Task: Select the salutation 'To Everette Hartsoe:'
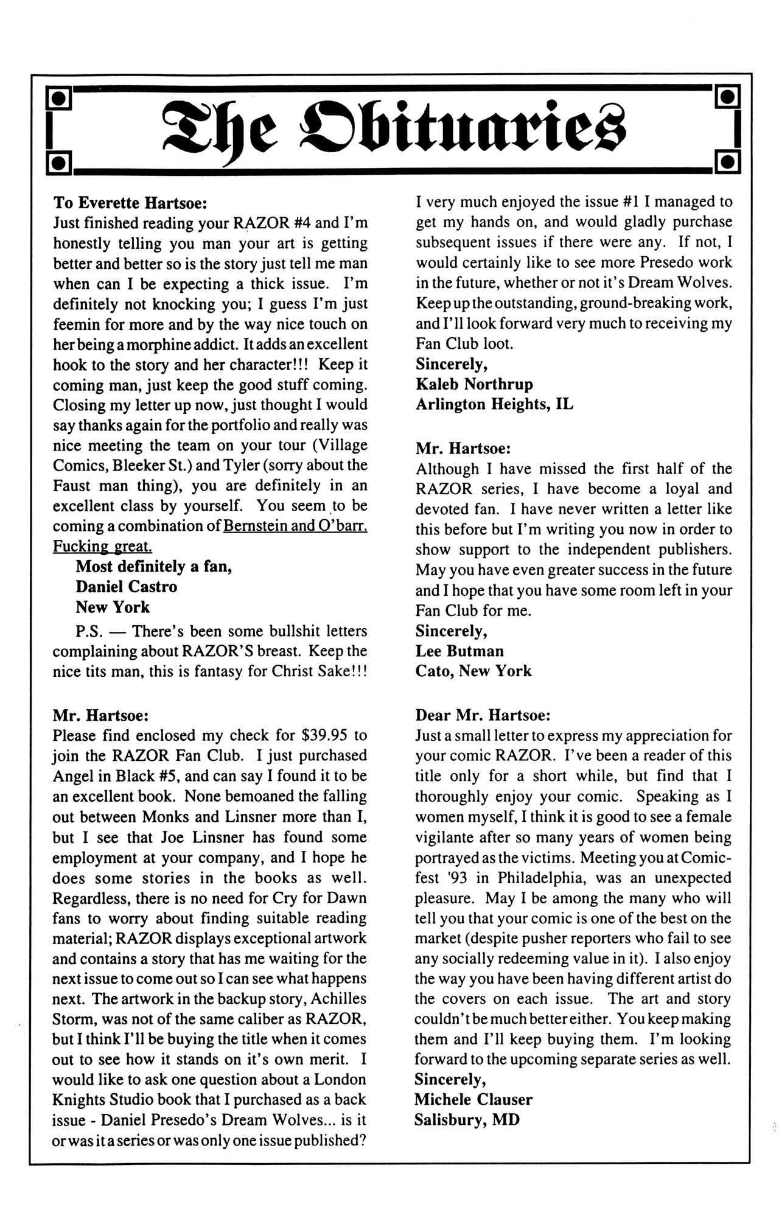coord(131,202)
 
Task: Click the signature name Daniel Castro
coord(127,587)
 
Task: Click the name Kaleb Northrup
coord(474,384)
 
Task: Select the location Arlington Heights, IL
coord(494,404)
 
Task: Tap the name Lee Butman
coord(459,651)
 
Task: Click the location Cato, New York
coord(473,671)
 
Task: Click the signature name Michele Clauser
coord(473,1099)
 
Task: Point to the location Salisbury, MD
coord(467,1119)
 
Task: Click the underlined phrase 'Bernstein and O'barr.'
coord(295,526)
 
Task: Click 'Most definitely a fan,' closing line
coord(153,567)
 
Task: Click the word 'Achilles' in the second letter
coord(338,999)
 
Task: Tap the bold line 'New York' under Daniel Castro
coord(113,607)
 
